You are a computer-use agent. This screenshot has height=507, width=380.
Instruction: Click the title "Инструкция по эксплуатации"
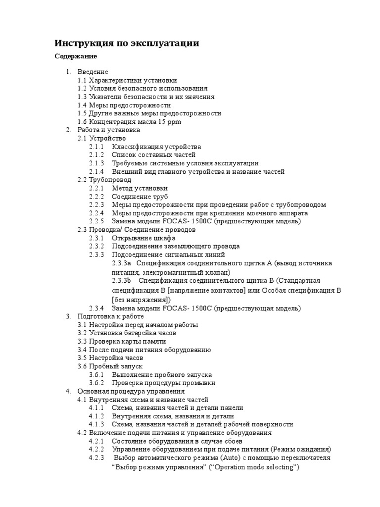127,44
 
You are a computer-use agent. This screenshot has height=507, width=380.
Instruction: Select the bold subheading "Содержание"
75,56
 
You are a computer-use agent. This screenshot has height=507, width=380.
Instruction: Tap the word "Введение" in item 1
93,72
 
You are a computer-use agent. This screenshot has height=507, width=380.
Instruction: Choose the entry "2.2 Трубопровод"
104,180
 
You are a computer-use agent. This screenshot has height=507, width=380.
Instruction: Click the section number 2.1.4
96,172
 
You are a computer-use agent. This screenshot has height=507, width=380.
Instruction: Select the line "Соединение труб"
141,197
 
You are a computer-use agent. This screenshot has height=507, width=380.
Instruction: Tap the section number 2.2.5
96,221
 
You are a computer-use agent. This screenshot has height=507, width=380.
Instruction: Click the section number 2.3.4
96,308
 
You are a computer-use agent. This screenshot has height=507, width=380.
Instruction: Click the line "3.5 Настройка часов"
110,358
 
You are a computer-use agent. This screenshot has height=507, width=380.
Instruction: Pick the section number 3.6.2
96,383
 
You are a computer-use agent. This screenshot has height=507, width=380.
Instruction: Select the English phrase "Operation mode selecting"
257,466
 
